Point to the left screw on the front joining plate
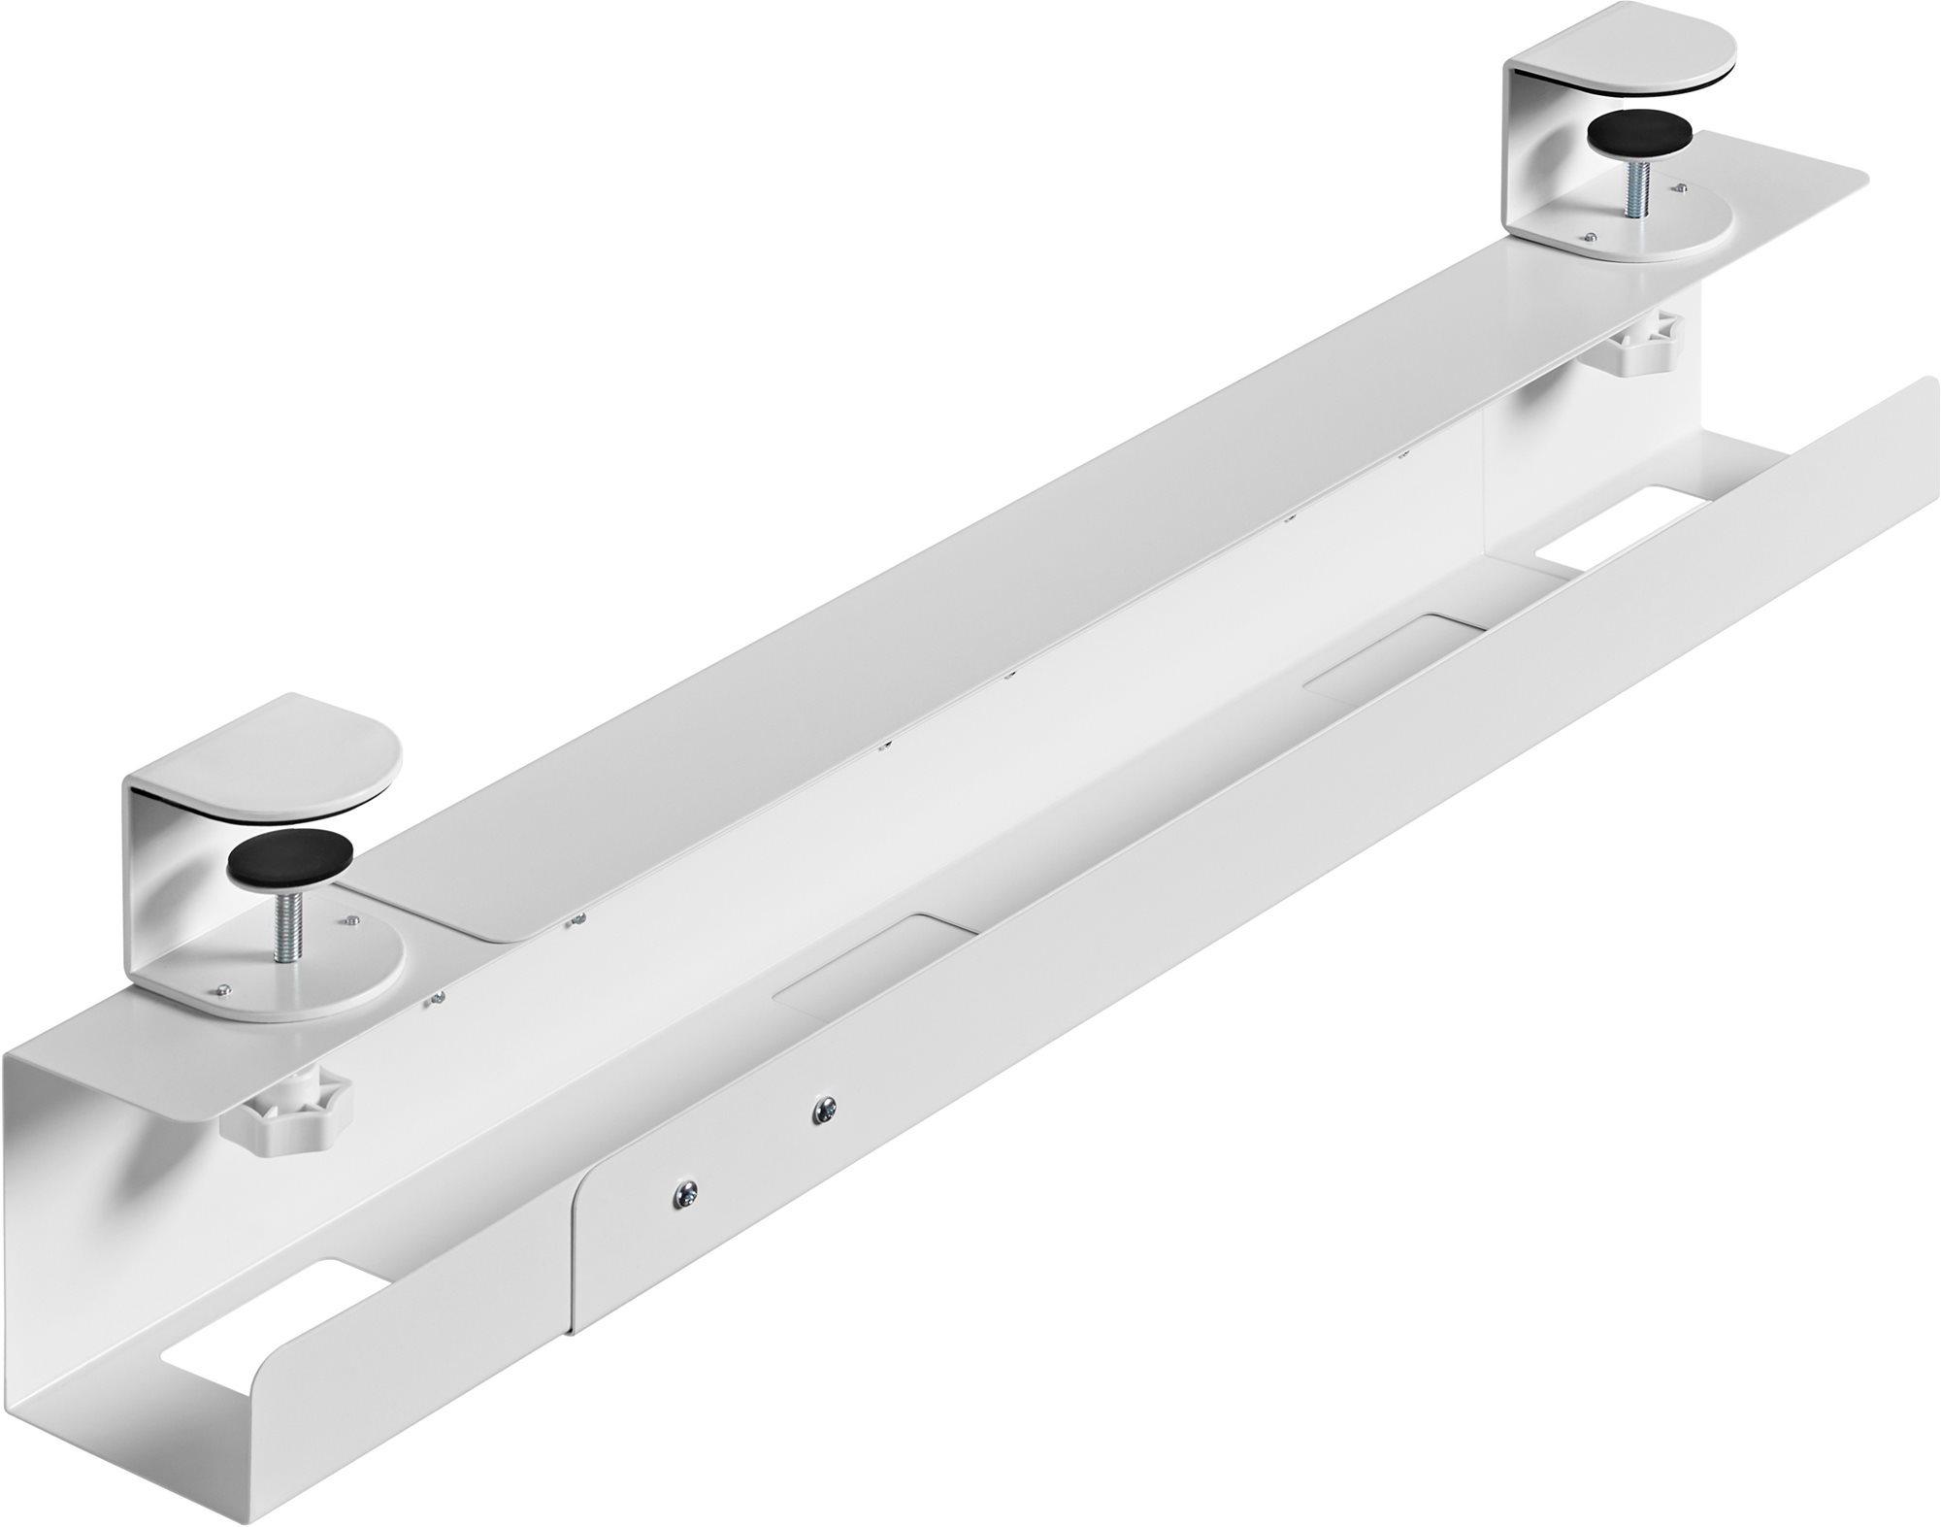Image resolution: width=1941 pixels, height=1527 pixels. [685, 1190]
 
